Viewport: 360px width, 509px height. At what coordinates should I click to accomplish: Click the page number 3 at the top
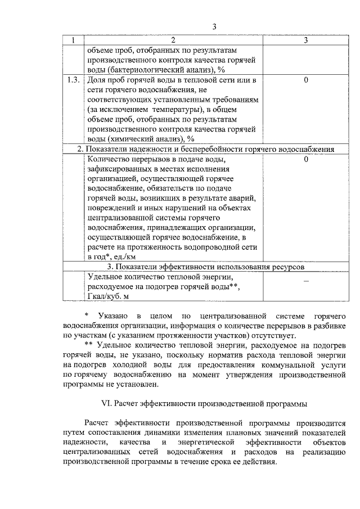point(214,26)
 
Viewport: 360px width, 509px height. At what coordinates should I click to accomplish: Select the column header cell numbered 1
point(73,40)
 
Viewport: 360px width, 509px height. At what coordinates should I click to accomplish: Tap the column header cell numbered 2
point(173,40)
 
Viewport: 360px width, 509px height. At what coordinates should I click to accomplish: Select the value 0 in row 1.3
point(305,80)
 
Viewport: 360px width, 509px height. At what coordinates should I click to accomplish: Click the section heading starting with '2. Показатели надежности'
point(206,149)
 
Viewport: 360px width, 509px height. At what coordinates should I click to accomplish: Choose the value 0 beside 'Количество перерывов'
point(305,160)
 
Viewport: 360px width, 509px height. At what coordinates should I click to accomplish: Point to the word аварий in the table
point(245,199)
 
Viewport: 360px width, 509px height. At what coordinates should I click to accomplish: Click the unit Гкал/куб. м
point(112,296)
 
